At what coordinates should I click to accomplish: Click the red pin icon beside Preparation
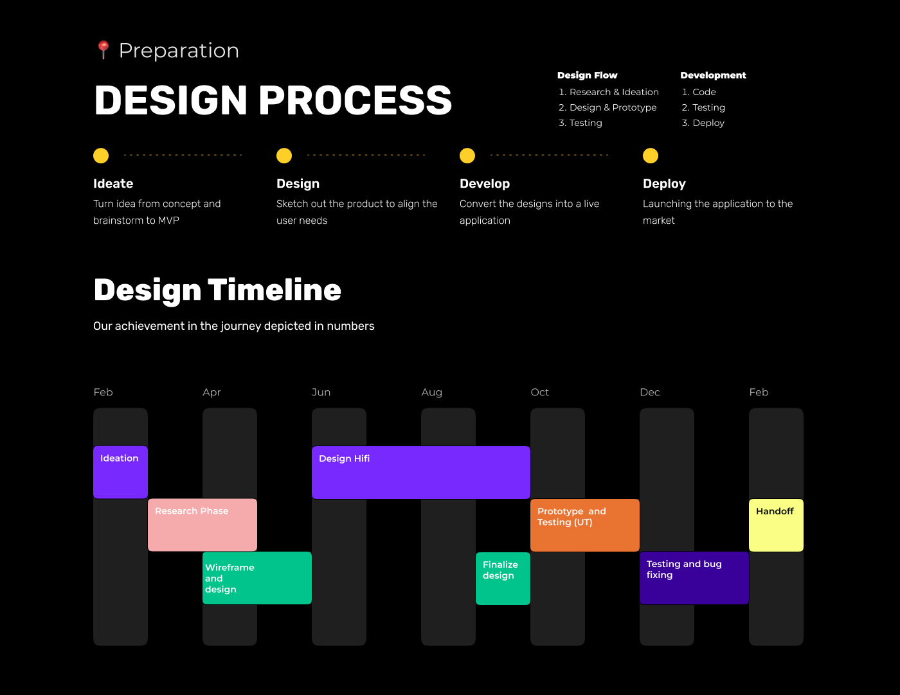point(103,50)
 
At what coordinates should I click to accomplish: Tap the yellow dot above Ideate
point(101,156)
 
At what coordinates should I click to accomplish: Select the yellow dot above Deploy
point(651,156)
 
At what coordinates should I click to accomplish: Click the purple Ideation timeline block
point(120,472)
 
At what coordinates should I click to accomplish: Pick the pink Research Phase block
point(203,525)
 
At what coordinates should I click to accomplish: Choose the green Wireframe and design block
point(257,578)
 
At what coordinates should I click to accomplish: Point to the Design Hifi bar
point(421,472)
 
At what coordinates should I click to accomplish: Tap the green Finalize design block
point(503,578)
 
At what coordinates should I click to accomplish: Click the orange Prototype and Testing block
point(585,525)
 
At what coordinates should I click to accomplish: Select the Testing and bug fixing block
point(694,578)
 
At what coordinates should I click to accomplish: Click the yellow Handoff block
point(776,525)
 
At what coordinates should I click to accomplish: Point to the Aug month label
point(431,392)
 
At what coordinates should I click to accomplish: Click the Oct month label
point(539,392)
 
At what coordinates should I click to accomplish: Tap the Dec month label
point(650,392)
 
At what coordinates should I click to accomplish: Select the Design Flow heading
point(588,75)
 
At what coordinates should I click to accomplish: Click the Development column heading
point(713,75)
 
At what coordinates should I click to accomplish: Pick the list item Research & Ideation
point(614,92)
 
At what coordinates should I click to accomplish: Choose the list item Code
point(704,92)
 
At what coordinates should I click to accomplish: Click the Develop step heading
point(485,183)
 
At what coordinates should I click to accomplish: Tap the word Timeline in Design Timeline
point(274,290)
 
